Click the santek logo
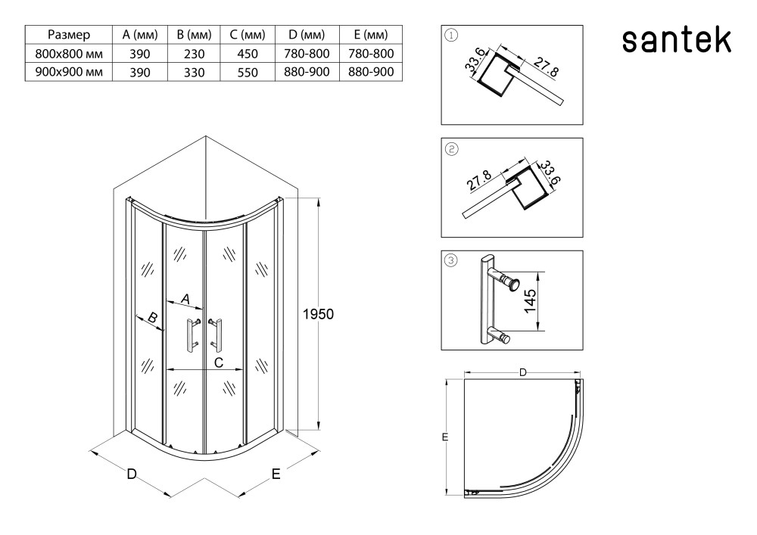[x=677, y=42]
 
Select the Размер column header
[x=69, y=35]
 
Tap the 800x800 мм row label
[x=69, y=54]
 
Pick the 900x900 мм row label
[x=69, y=72]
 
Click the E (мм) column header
[x=370, y=35]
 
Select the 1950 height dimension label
[x=318, y=313]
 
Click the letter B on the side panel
[x=151, y=319]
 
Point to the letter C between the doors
[x=218, y=362]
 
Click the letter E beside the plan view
[x=446, y=437]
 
